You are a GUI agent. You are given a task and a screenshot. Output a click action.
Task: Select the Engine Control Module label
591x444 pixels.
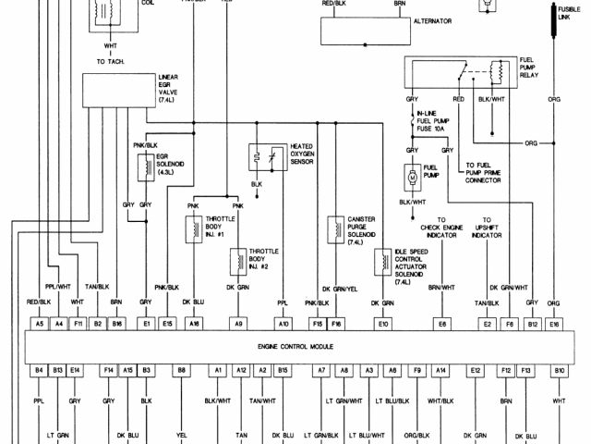[296, 347]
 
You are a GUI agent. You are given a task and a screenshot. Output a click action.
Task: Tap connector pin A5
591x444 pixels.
[40, 324]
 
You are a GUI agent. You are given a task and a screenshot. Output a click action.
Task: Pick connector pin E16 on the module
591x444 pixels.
[554, 324]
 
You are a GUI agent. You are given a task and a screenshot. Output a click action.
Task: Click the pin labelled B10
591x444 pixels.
[559, 370]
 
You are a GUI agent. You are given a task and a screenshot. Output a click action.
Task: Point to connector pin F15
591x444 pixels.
[317, 324]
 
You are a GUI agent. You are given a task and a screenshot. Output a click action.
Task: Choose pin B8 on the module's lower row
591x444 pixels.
[181, 370]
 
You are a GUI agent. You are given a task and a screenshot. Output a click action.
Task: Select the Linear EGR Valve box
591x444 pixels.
[118, 90]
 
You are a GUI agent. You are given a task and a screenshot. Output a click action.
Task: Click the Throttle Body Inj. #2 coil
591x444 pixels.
[237, 260]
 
